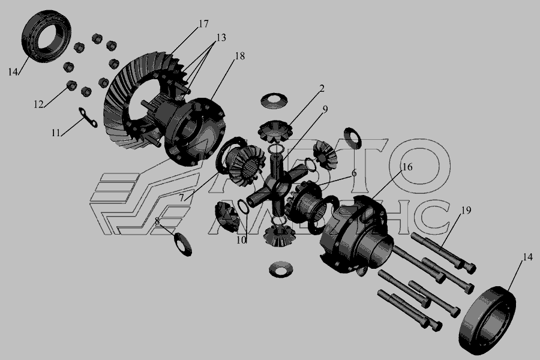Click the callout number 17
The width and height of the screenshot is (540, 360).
point(203,24)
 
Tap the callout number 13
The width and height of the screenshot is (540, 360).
point(221,37)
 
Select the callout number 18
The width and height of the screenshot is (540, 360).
point(239,56)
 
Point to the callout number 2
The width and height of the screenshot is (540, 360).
point(322,89)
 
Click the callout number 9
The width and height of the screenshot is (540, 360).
point(325,109)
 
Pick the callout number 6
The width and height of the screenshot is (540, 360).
point(354,173)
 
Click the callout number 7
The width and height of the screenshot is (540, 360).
point(181,197)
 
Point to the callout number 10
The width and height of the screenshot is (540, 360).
point(241,240)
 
